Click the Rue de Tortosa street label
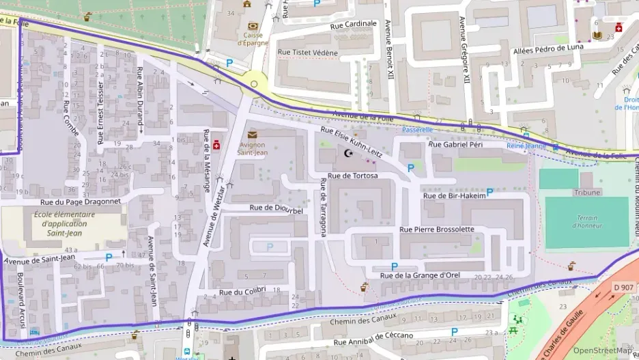352,176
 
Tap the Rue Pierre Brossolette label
436,230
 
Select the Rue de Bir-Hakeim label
454,196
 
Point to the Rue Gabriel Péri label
455,145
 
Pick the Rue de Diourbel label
276,209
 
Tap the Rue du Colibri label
242,292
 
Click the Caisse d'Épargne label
254,39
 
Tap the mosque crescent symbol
350,154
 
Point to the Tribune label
586,193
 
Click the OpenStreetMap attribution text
602,350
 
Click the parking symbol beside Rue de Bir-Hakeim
489,193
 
